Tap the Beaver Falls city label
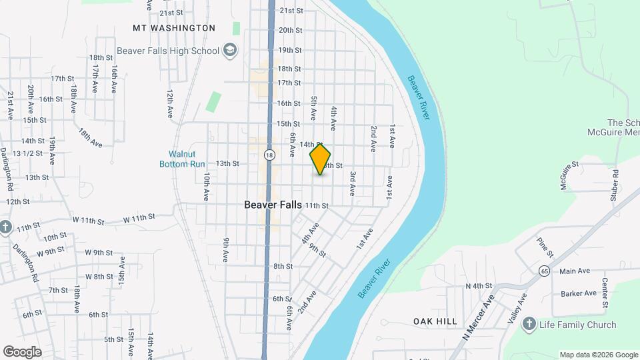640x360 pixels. coord(273,205)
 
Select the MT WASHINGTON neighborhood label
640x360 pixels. coord(174,28)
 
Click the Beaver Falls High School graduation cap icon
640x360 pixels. coord(230,51)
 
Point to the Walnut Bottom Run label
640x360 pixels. coord(181,159)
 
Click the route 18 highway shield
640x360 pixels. coord(269,155)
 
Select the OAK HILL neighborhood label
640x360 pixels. coord(435,321)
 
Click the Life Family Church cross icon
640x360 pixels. coord(529,324)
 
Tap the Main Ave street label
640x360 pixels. coord(575,271)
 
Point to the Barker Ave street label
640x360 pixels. coord(578,293)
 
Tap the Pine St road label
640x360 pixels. coord(545,245)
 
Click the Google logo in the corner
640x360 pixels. coord(22,352)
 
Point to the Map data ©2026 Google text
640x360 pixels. coord(599,355)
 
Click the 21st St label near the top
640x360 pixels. coord(291,11)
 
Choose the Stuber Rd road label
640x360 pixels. coord(615,182)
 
